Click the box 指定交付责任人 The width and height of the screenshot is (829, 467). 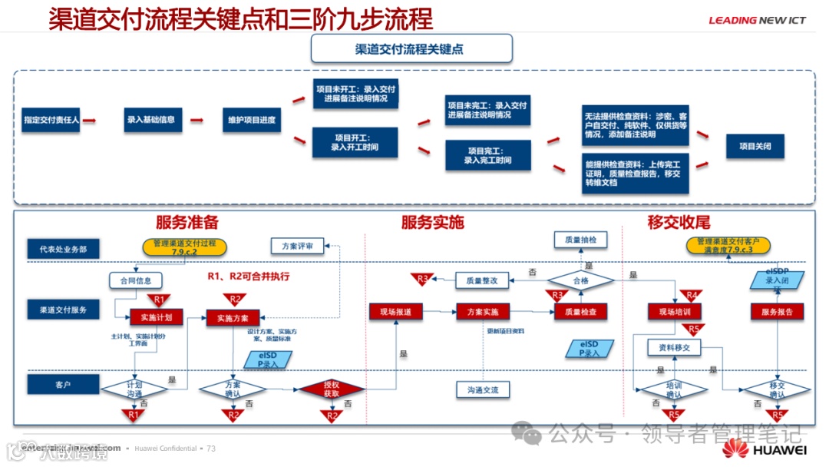click(51, 120)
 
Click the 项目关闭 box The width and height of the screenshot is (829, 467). click(755, 145)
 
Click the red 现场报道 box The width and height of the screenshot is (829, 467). click(395, 312)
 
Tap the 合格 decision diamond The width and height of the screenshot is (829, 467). click(580, 281)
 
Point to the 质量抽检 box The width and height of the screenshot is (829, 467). click(580, 240)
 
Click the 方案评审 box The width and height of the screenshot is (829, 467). click(297, 247)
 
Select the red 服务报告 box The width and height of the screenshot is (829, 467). click(777, 312)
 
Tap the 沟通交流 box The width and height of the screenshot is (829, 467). click(483, 390)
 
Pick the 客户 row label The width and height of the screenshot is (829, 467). click(64, 384)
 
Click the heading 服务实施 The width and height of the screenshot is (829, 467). click(432, 223)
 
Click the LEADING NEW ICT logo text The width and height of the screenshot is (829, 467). click(757, 21)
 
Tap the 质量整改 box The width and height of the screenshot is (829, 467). click(482, 281)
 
